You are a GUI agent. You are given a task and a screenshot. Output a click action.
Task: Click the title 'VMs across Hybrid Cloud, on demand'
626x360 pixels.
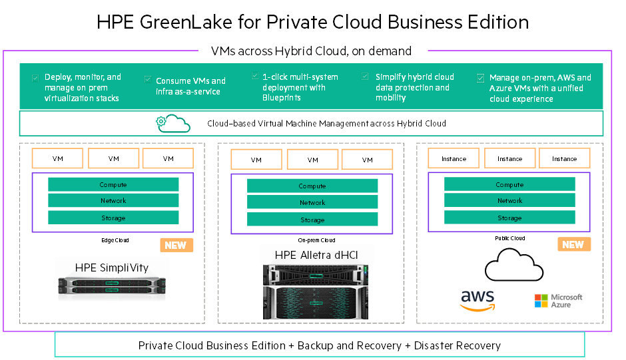pos(312,51)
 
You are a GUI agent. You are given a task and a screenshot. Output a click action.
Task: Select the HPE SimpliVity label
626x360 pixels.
pos(112,268)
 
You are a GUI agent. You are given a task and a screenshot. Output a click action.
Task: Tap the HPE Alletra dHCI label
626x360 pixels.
pos(316,255)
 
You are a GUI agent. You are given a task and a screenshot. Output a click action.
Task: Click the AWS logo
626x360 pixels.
pos(477,301)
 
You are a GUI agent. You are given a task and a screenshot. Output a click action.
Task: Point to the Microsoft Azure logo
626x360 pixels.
pos(559,301)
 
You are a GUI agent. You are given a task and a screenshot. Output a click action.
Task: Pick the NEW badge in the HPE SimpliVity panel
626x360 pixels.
pos(176,245)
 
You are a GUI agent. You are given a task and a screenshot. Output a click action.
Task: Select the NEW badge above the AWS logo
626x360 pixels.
pos(574,244)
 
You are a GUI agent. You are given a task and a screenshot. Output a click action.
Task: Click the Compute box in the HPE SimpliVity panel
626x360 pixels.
pos(113,185)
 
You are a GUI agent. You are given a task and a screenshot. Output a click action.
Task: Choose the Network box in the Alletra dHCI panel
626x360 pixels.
pos(312,203)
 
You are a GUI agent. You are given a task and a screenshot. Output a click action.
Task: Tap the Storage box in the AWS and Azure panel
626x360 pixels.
pos(509,218)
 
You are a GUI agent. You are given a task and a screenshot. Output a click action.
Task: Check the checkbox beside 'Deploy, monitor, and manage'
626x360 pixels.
pos(35,78)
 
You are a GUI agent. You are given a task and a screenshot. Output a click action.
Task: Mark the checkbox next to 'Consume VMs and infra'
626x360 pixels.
pos(148,80)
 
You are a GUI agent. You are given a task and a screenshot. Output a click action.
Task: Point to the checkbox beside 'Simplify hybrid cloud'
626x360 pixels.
pos(365,77)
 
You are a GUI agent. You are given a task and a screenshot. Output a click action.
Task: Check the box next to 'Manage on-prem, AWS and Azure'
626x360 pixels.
pos(480,78)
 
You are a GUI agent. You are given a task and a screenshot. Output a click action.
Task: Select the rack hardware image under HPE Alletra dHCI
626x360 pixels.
pos(316,294)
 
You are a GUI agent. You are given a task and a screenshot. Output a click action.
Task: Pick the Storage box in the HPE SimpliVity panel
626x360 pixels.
pos(113,218)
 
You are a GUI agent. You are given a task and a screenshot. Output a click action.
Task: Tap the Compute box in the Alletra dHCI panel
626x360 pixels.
pos(312,186)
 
